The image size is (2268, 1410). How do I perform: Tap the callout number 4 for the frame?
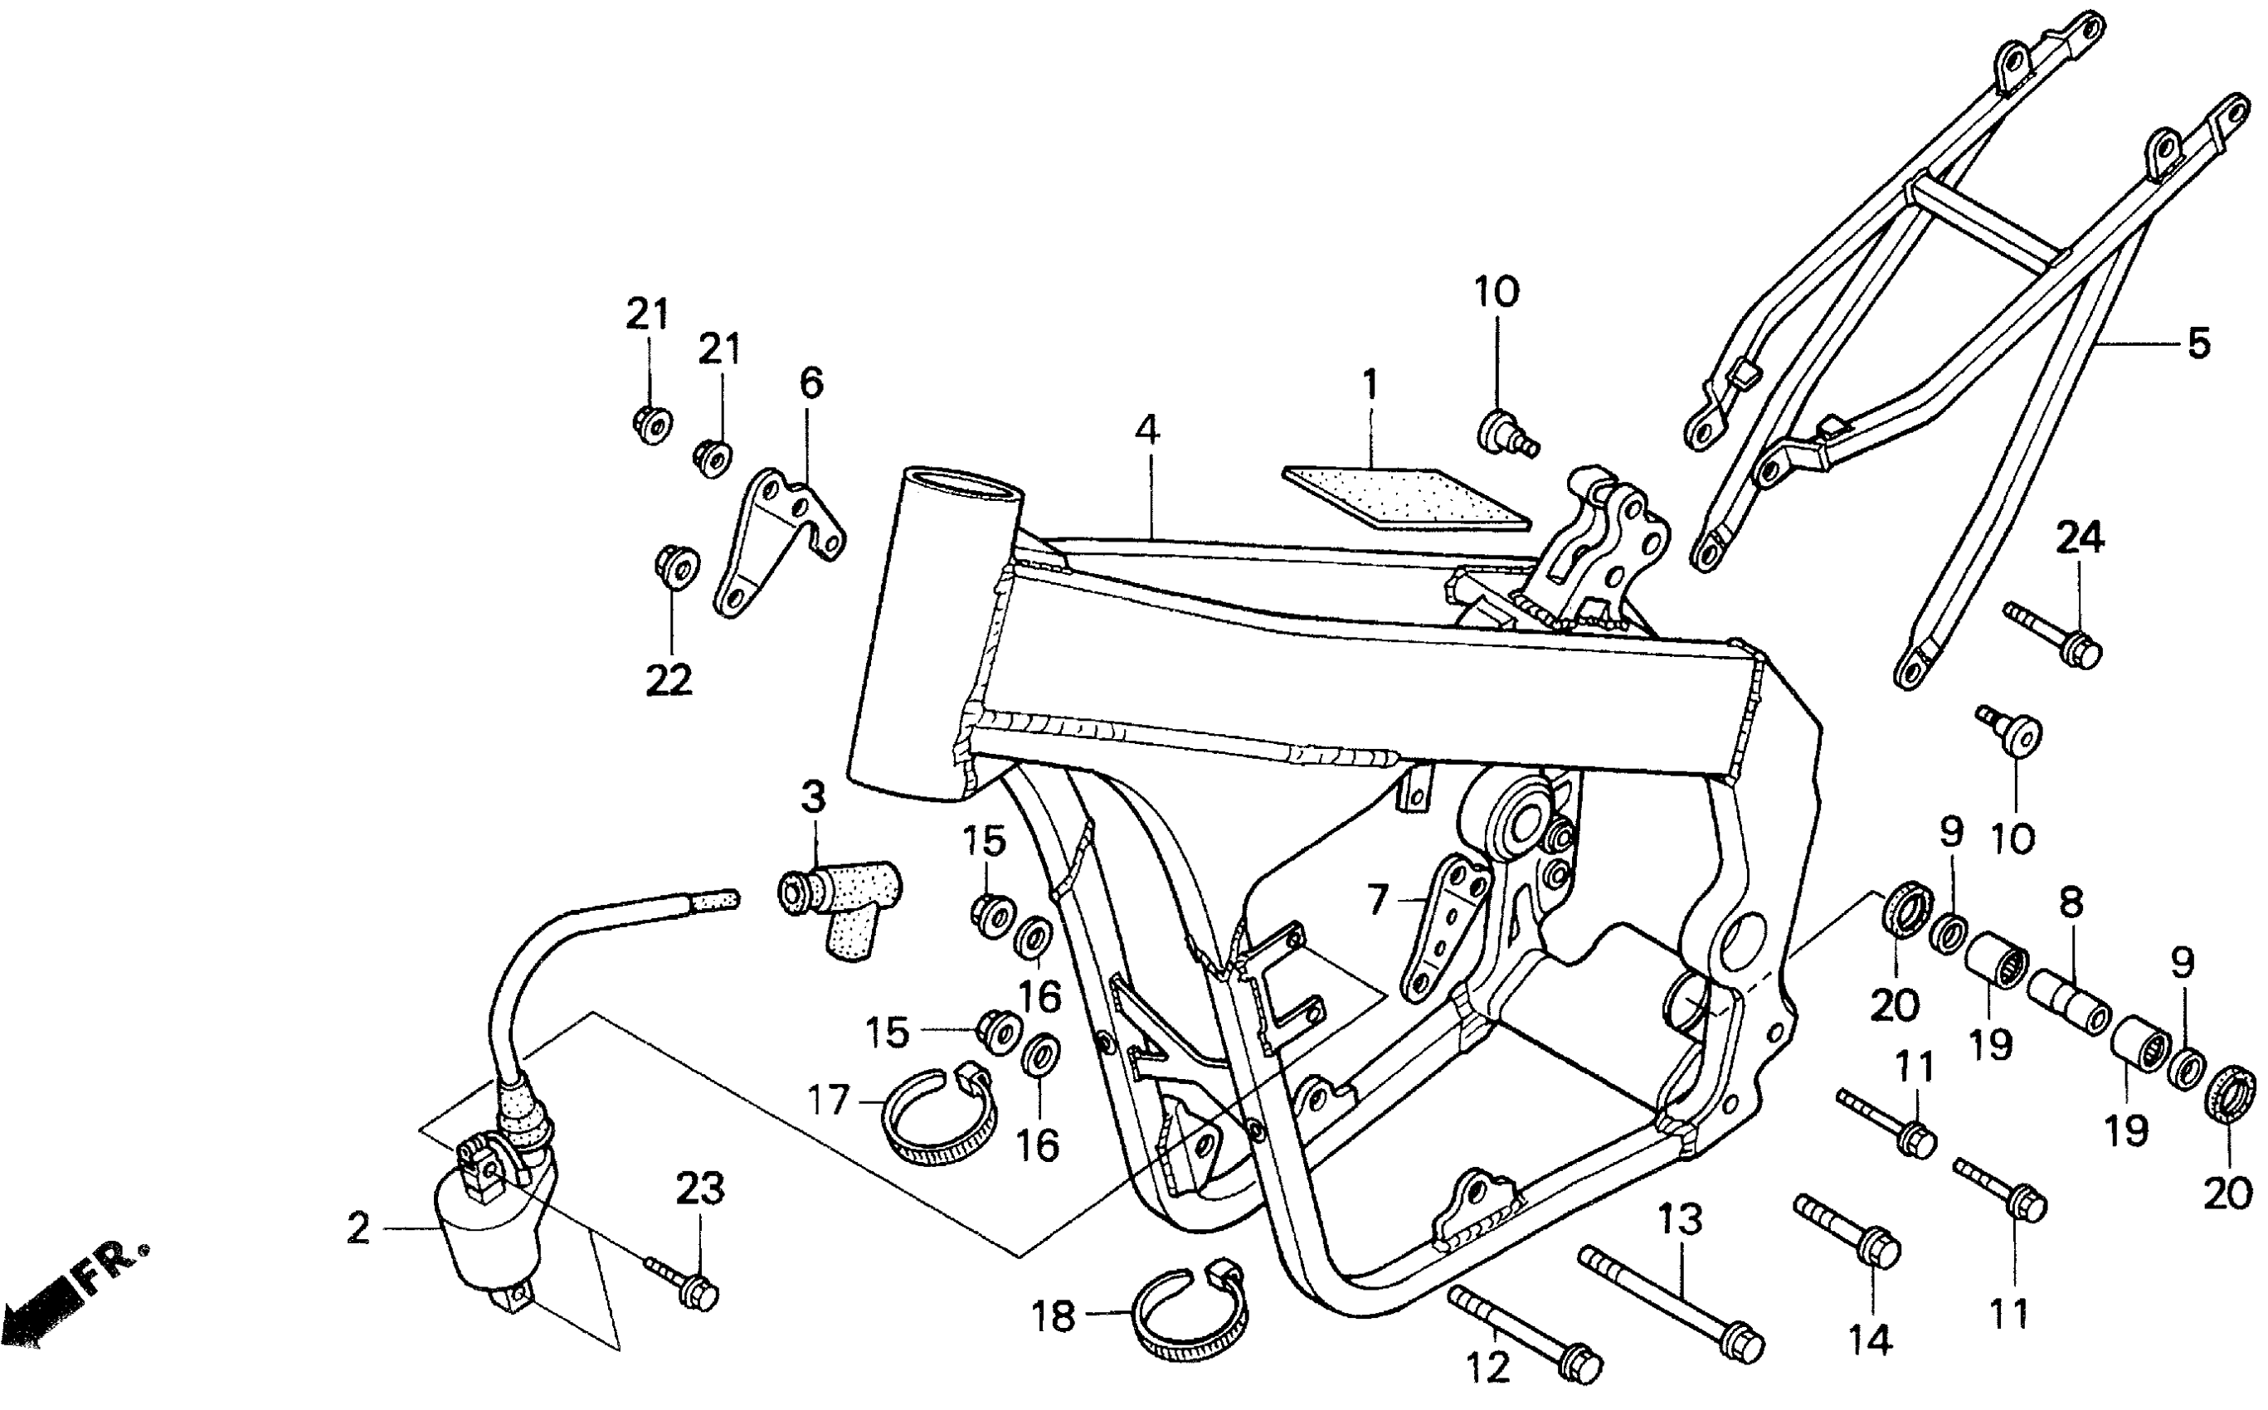(x=1147, y=430)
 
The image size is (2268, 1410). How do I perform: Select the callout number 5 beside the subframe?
(x=2198, y=343)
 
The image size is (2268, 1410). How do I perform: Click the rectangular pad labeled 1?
(x=1405, y=497)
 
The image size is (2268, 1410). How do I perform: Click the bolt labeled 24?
(x=2056, y=637)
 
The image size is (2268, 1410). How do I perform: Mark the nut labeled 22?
(x=674, y=565)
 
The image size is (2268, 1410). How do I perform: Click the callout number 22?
(x=669, y=681)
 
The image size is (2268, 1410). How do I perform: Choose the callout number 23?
(x=699, y=1190)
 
